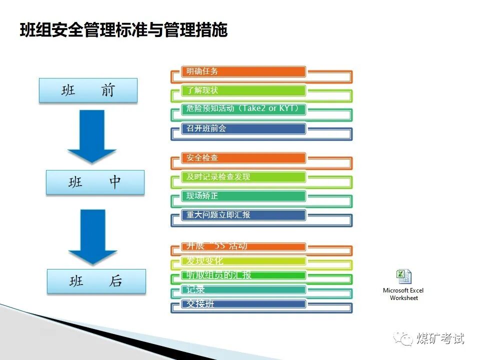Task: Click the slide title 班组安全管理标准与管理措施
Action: click(x=123, y=30)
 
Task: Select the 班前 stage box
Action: click(x=88, y=90)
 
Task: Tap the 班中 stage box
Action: click(x=95, y=182)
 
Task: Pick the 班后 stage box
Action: click(x=96, y=281)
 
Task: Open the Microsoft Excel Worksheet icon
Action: click(x=403, y=277)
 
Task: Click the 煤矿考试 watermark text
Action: click(x=440, y=338)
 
